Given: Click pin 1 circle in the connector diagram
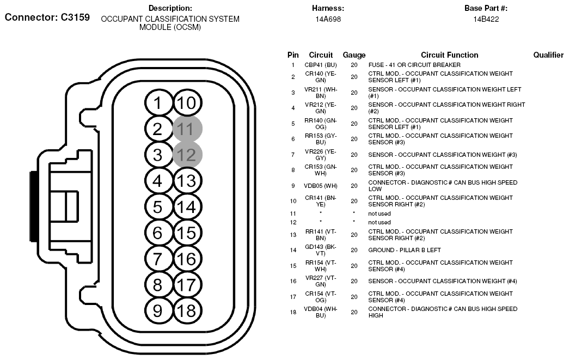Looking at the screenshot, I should pos(157,103).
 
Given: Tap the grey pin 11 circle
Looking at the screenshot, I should pos(187,129).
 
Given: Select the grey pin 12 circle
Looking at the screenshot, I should pos(187,155).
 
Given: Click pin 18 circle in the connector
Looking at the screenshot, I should pos(187,310).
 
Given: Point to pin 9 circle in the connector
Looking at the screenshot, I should pos(157,310).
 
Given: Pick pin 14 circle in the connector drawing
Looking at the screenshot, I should pos(187,207).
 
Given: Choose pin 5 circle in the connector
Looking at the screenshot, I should pos(157,207).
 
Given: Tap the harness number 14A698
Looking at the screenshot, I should pos(328,19).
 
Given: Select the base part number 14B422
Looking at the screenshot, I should pos(486,19).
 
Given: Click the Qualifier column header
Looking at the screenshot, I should pos(548,55).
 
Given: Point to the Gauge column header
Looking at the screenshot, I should pos(354,55).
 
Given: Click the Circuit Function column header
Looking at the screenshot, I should pos(449,55).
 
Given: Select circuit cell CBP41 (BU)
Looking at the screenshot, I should pos(321,65).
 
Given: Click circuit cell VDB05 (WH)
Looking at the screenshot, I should pos(321,186).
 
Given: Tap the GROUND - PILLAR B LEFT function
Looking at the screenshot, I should pos(405,250).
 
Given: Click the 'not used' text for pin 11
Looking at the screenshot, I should pos(380,213).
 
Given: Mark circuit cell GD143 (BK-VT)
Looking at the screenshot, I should pos(321,250).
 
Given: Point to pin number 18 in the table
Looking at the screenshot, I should pos(293,312).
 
